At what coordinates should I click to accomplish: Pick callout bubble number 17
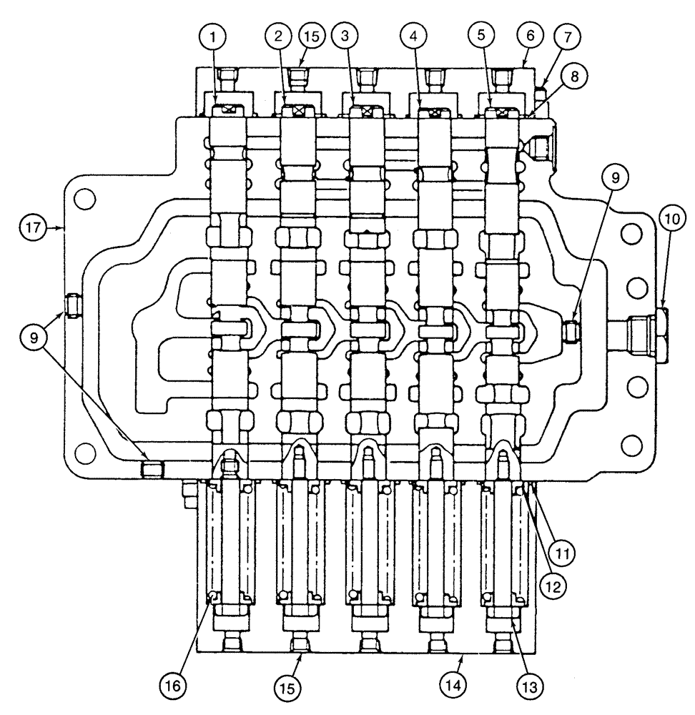(29, 229)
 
